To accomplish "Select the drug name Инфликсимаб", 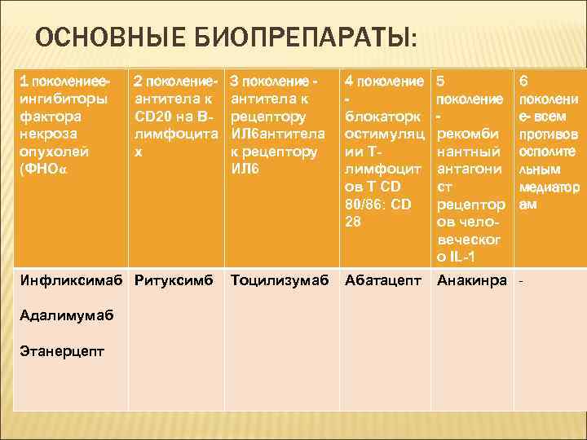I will [x=71, y=280].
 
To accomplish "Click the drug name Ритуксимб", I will [x=174, y=280].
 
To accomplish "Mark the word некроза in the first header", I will [x=46, y=134].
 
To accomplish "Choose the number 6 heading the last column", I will [x=523, y=81].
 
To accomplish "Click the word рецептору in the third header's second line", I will [x=268, y=117].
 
